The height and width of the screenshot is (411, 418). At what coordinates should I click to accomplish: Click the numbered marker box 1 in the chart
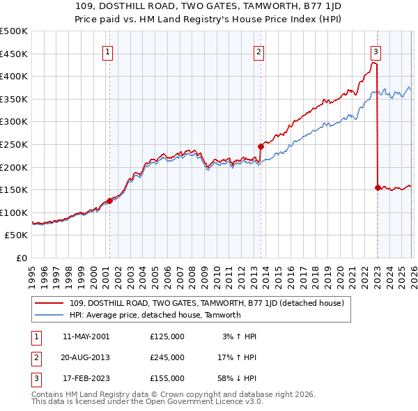coord(109,51)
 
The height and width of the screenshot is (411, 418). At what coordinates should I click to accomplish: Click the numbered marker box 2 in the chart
coord(258,51)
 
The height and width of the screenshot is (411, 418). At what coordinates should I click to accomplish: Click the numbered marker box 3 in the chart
coord(376,51)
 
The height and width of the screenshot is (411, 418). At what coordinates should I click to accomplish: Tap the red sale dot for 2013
coord(261,146)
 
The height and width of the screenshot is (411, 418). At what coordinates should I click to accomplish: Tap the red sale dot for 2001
coord(109,201)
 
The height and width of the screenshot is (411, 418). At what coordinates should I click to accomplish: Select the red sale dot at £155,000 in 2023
coord(378,187)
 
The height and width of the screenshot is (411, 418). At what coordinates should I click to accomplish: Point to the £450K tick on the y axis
coord(15,54)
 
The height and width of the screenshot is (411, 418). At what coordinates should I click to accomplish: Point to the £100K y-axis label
coord(15,212)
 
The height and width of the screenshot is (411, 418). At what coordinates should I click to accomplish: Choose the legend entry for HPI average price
coord(155,315)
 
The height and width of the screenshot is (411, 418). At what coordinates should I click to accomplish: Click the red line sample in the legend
coord(50,303)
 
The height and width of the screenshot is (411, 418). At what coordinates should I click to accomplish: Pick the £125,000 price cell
coord(167,336)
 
